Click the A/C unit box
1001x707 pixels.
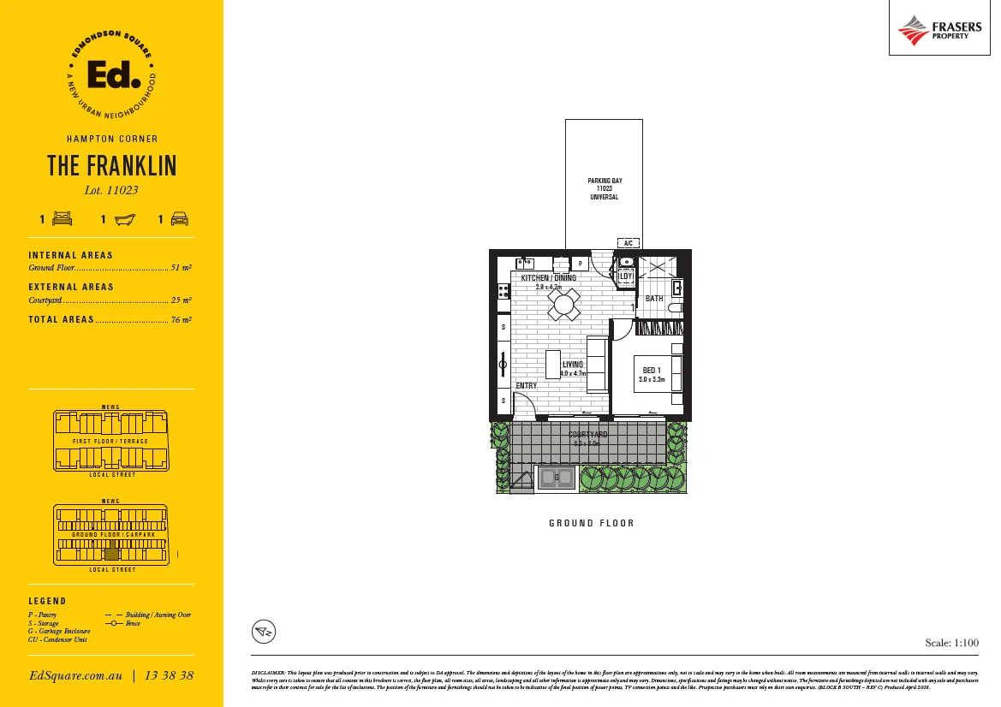[x=628, y=243]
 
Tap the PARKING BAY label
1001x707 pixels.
[x=605, y=181]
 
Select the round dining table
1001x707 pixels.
[x=564, y=304]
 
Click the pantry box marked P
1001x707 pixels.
[x=581, y=264]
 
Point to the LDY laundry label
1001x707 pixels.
[x=626, y=276]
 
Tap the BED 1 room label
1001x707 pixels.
[x=652, y=370]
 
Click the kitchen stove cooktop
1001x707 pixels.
[x=503, y=291]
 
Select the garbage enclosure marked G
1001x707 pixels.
[x=557, y=478]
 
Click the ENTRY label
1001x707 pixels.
[x=527, y=386]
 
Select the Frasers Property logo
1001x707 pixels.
[x=939, y=30]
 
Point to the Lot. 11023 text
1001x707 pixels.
[x=111, y=191]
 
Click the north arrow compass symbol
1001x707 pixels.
[x=264, y=632]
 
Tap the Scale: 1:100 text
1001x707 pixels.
[x=951, y=642]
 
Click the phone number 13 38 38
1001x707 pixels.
[x=170, y=675]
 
